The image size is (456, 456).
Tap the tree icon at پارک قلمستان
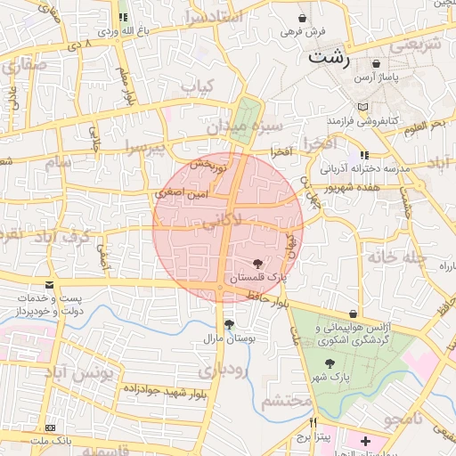pyautogui.click(x=258, y=264)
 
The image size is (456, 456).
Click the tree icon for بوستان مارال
pyautogui.click(x=230, y=325)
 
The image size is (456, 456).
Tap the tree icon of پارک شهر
pyautogui.click(x=330, y=363)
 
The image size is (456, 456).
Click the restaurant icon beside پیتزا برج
pyautogui.click(x=313, y=422)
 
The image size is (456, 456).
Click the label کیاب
pyautogui.click(x=199, y=86)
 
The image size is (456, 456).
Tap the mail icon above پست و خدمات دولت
pyautogui.click(x=49, y=285)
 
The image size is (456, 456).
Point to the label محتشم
pyautogui.click(x=287, y=398)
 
